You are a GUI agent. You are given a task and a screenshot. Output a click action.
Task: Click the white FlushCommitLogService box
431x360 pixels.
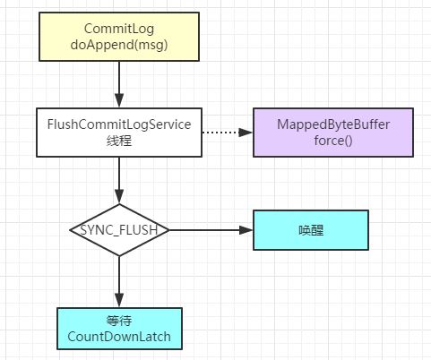pyautogui.click(x=119, y=133)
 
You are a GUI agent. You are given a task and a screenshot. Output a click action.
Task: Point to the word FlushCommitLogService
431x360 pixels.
pyautogui.click(x=119, y=124)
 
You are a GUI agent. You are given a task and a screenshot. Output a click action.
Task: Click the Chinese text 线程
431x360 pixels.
pyautogui.click(x=119, y=141)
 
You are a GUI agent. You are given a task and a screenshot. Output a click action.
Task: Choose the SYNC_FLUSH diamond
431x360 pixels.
pyautogui.click(x=119, y=230)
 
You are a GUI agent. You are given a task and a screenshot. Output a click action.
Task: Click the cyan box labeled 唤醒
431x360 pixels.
pyautogui.click(x=310, y=230)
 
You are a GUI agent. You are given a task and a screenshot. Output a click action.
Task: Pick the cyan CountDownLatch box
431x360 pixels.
pyautogui.click(x=119, y=329)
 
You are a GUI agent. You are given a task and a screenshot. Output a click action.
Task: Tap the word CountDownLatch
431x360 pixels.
pyautogui.click(x=119, y=338)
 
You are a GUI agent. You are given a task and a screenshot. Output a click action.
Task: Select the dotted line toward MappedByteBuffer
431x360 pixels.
pyautogui.click(x=226, y=133)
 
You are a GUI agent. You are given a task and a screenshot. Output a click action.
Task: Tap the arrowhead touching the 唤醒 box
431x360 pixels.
pyautogui.click(x=247, y=230)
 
